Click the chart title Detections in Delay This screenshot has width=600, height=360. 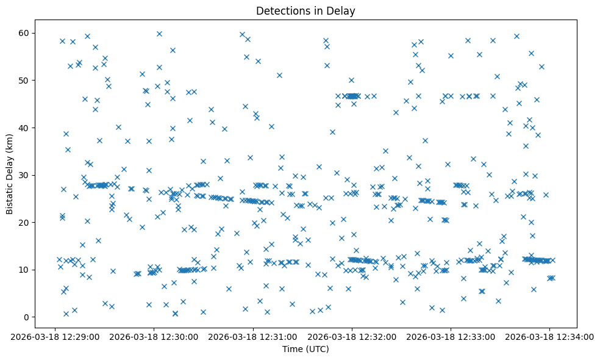pyautogui.click(x=305, y=11)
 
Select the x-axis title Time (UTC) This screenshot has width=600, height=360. pyautogui.click(x=305, y=349)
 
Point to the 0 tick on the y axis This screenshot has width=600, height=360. pyautogui.click(x=28, y=317)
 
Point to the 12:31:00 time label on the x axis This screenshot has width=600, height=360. pyautogui.click(x=252, y=336)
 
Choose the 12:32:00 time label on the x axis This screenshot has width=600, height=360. pyautogui.click(x=352, y=336)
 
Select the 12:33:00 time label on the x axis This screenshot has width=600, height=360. pyautogui.click(x=451, y=336)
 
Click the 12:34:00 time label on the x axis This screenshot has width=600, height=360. pyautogui.click(x=550, y=336)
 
